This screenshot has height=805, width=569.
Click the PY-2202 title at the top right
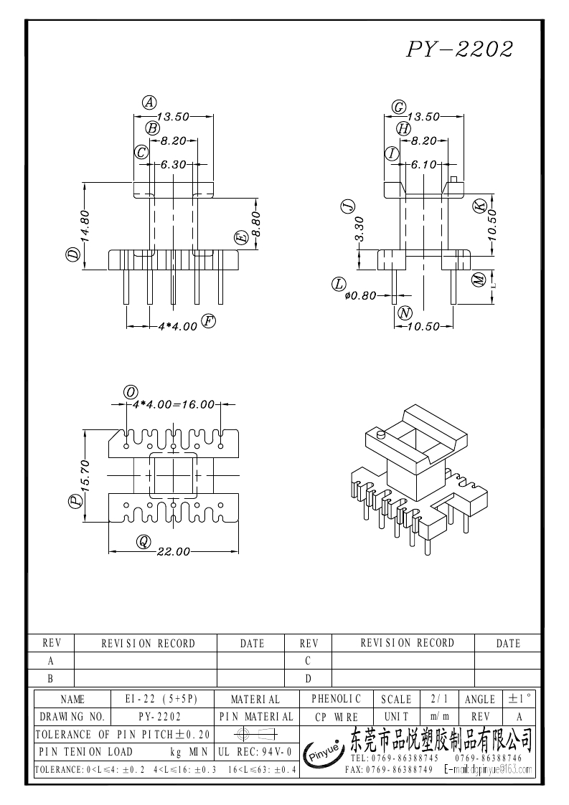click(460, 49)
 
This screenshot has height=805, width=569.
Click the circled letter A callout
click(149, 103)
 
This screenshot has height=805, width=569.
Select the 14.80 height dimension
click(84, 225)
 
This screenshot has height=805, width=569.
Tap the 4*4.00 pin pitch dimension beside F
click(177, 326)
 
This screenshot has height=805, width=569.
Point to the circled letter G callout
click(399, 107)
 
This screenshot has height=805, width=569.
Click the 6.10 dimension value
click(423, 165)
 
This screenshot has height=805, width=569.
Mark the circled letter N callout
click(405, 313)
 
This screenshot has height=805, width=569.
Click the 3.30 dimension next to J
click(359, 229)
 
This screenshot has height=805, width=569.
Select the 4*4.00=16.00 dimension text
click(174, 404)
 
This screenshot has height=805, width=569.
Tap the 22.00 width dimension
click(173, 552)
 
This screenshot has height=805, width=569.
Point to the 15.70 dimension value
click(85, 475)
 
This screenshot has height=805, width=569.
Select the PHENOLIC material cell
click(337, 699)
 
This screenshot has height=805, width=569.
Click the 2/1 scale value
click(436, 699)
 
